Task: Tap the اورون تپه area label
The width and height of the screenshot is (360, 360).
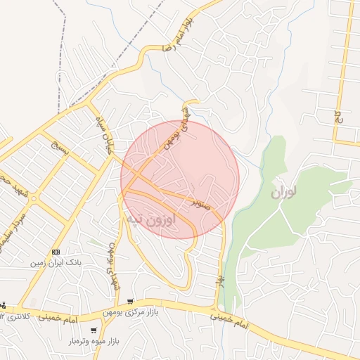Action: (x=160, y=219)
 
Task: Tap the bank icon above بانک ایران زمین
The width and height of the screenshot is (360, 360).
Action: (x=56, y=252)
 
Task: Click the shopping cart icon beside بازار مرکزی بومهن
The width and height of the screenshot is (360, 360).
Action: (x=131, y=302)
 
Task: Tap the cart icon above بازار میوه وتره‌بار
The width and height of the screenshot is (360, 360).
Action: (x=94, y=330)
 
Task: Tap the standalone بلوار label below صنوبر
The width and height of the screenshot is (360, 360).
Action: (x=218, y=277)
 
